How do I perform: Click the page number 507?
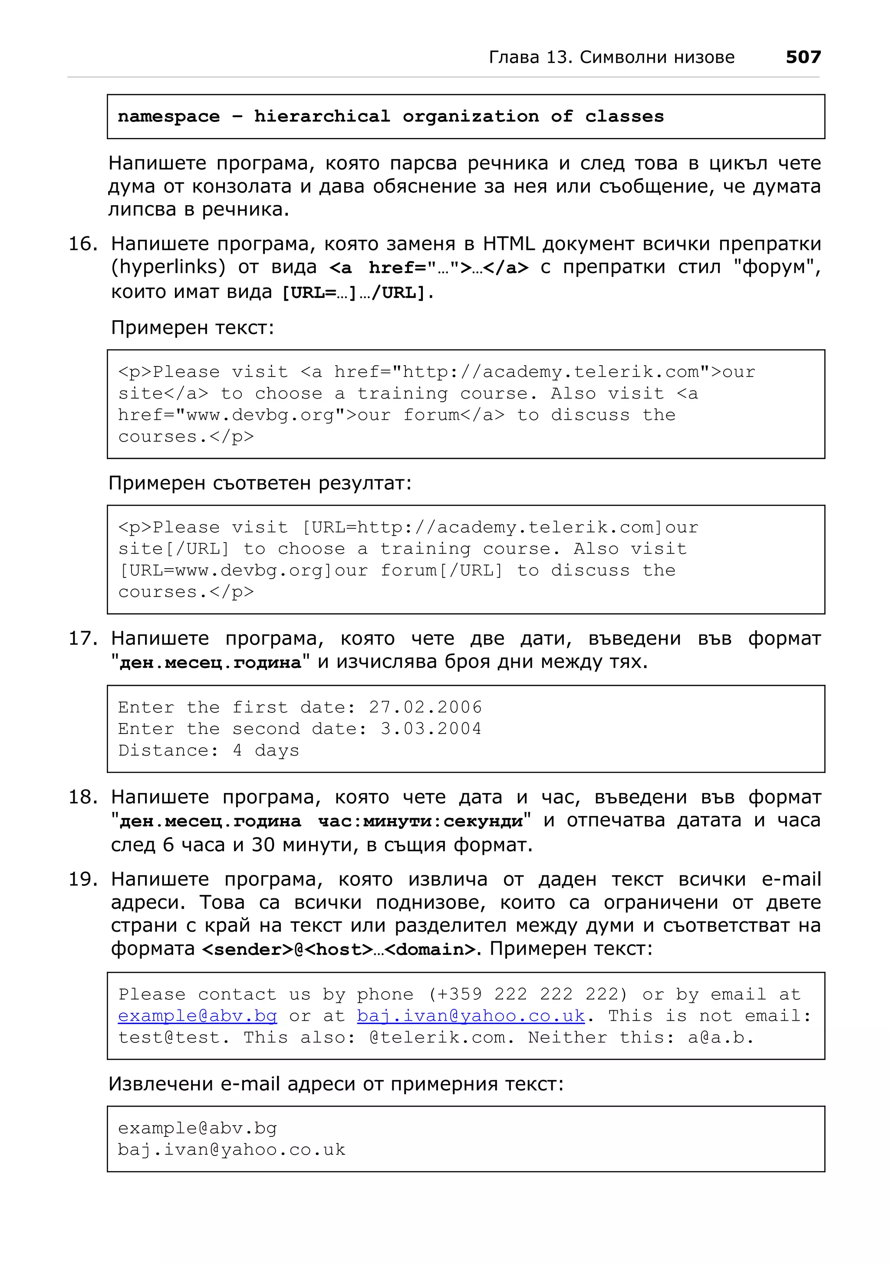click(803, 57)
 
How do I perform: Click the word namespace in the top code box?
click(168, 117)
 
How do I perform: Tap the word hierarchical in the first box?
click(322, 117)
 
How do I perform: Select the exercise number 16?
click(82, 244)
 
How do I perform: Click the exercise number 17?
click(82, 639)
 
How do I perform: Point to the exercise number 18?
click(82, 797)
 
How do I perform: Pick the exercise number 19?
click(82, 879)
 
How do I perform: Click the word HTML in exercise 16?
click(508, 244)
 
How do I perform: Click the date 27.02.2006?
click(425, 707)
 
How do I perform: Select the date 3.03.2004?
click(431, 729)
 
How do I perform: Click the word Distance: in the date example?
click(168, 750)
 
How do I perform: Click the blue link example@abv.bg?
click(197, 1016)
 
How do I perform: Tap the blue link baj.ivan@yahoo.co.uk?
click(471, 1016)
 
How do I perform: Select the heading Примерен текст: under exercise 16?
click(192, 327)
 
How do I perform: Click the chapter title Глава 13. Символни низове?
click(611, 57)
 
